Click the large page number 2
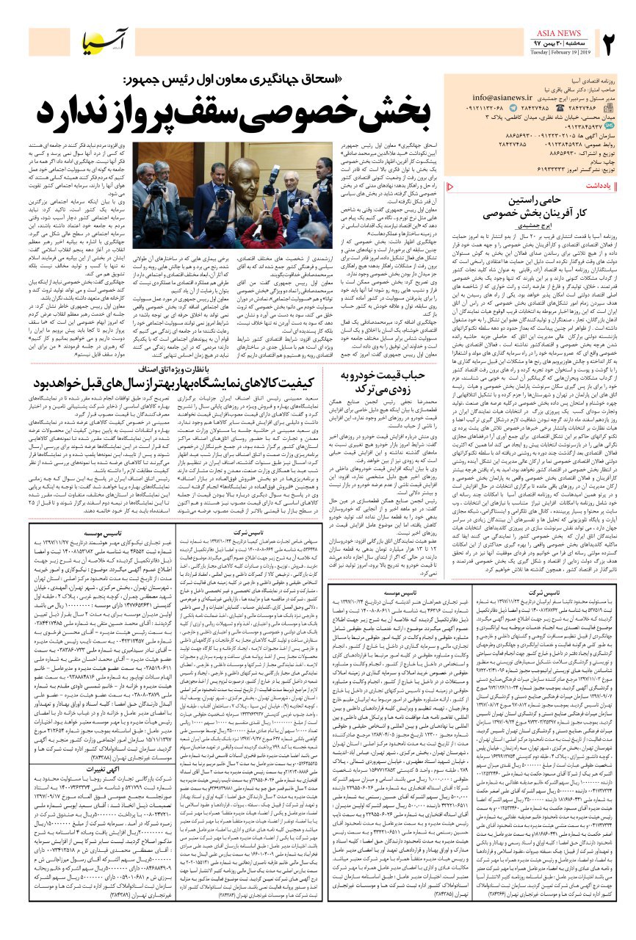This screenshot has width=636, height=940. [x=612, y=46]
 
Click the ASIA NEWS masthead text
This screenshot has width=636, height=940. [x=560, y=34]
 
